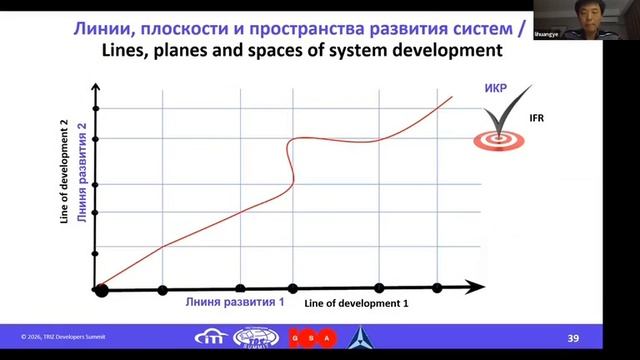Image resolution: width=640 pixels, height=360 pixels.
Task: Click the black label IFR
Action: coord(535,118)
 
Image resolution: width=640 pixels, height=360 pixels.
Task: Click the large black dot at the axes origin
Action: coord(101,290)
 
